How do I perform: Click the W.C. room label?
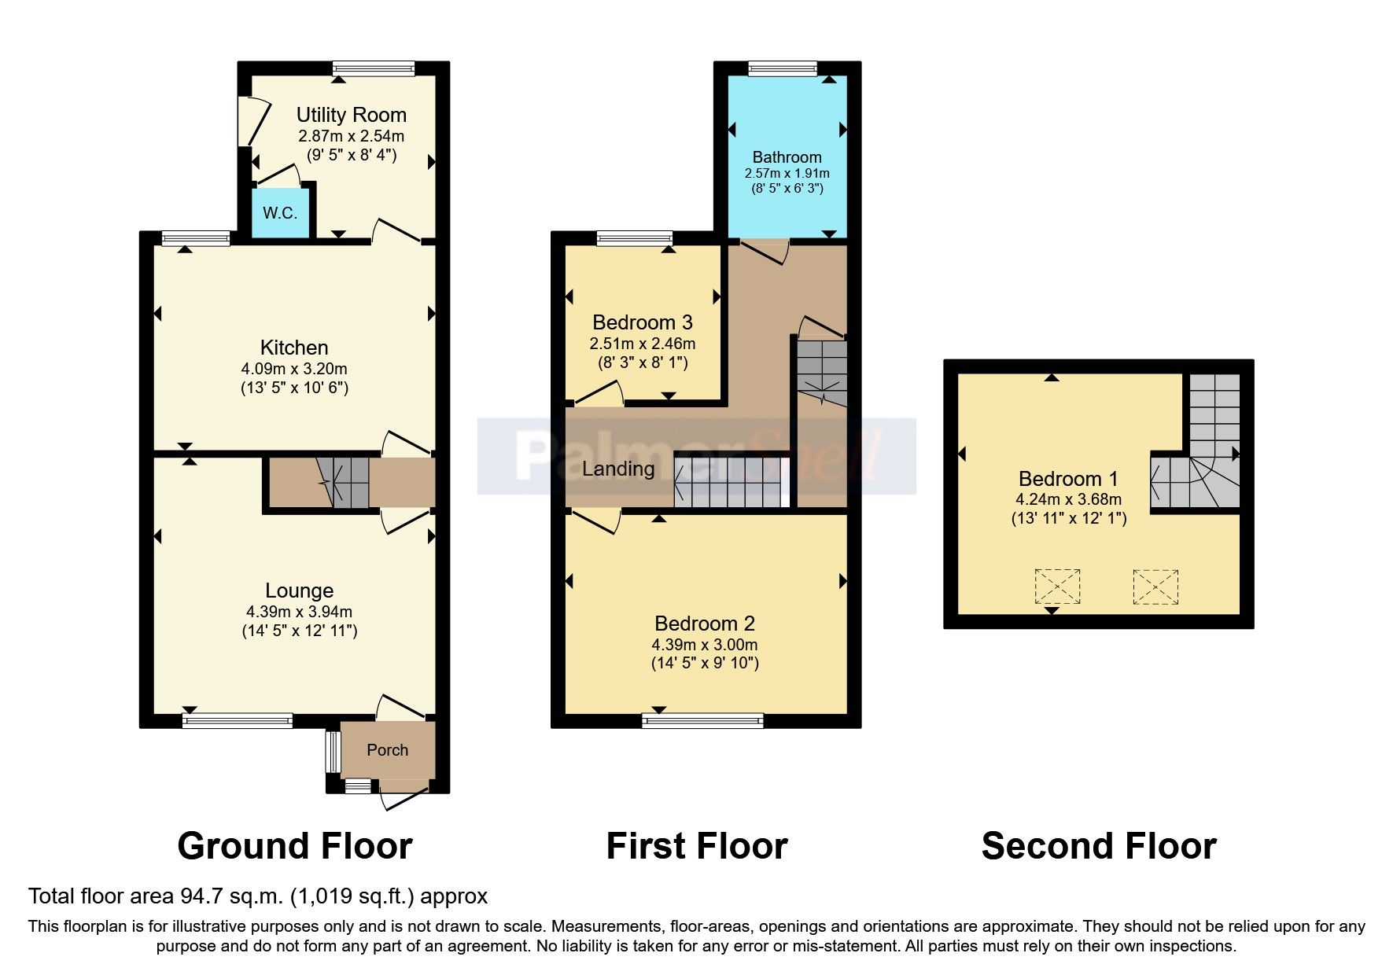click(280, 213)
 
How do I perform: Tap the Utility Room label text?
click(351, 115)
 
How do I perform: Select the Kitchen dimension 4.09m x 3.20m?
click(294, 368)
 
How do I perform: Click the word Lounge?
click(299, 591)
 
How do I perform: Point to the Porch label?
click(387, 750)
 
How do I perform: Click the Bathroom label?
click(787, 156)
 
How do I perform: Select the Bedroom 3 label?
click(642, 322)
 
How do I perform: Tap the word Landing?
click(618, 469)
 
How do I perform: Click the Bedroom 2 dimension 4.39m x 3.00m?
click(705, 644)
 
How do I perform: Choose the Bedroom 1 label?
click(1067, 479)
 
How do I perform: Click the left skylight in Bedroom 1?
click(1057, 587)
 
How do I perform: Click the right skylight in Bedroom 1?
click(1155, 587)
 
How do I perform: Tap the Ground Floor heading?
click(294, 846)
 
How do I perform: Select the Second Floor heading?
click(1098, 846)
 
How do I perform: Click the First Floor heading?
click(696, 846)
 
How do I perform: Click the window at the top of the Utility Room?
click(373, 68)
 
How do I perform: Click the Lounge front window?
click(237, 719)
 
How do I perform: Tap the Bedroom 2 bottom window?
click(702, 719)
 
